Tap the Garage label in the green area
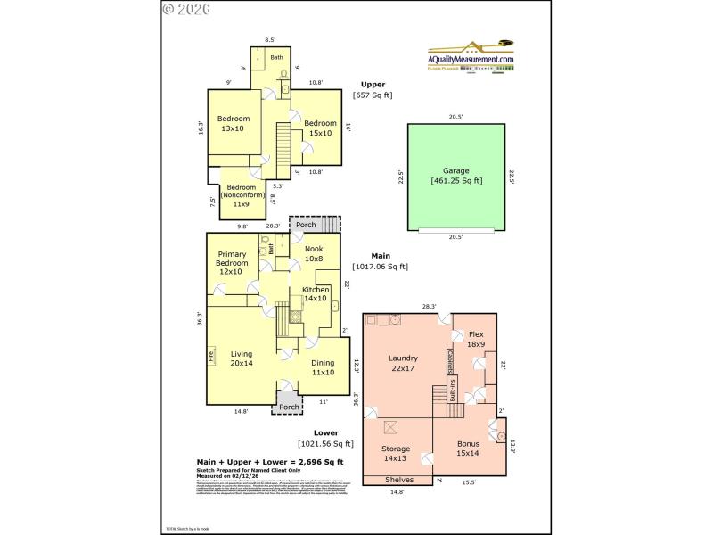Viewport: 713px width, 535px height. [x=455, y=176]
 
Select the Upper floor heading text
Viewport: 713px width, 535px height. [x=373, y=84]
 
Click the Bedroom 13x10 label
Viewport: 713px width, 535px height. [x=233, y=124]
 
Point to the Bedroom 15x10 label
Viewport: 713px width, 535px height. [x=320, y=128]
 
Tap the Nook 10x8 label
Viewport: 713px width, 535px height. [x=313, y=254]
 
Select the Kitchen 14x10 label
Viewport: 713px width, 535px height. [x=316, y=295]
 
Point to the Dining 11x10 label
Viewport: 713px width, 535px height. [x=322, y=367]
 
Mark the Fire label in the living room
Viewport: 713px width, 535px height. [x=211, y=356]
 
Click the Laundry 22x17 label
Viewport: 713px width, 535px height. [x=403, y=363]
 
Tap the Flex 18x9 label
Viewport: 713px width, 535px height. [x=476, y=339]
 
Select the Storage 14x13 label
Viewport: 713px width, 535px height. [x=396, y=454]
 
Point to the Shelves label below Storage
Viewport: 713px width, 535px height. [x=398, y=480]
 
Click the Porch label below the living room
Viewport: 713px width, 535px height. [x=289, y=407]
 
